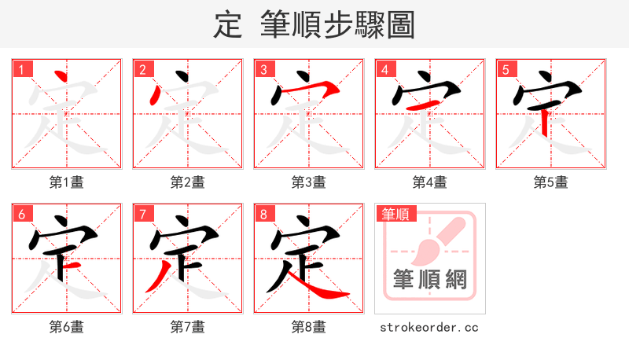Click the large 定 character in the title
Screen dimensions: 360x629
[x=227, y=24]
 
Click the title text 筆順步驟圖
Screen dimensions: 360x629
[x=337, y=24]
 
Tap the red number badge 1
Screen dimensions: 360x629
[x=21, y=69]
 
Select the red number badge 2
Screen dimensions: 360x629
[x=142, y=69]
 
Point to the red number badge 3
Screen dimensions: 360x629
[x=263, y=69]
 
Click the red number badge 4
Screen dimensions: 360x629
[x=384, y=69]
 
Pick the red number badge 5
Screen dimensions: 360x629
[x=506, y=69]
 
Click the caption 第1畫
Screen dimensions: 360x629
[x=66, y=182]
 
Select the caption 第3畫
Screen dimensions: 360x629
[x=308, y=182]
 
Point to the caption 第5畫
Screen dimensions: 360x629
[x=550, y=182]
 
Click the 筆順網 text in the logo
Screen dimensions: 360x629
[x=429, y=279]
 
